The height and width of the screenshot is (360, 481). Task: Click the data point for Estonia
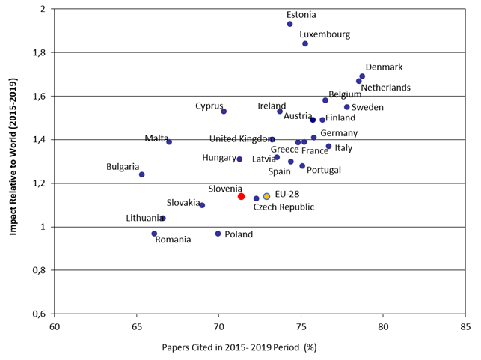pyautogui.click(x=289, y=24)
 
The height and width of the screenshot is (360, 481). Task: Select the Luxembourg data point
pyautogui.click(x=305, y=43)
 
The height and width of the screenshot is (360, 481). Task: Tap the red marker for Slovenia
pyautogui.click(x=241, y=196)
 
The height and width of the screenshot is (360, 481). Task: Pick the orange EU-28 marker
pyautogui.click(x=266, y=196)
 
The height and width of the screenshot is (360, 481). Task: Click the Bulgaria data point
pyautogui.click(x=141, y=174)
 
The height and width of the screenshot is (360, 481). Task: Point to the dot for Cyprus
pyautogui.click(x=224, y=112)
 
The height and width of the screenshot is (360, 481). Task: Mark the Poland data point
pyautogui.click(x=218, y=234)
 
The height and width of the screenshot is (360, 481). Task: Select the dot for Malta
pyautogui.click(x=169, y=141)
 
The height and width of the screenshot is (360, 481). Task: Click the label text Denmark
pyautogui.click(x=384, y=67)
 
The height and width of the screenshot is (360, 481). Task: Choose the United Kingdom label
pyautogui.click(x=242, y=138)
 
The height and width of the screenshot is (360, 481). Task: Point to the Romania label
pyautogui.click(x=173, y=240)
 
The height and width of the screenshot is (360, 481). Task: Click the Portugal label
pyautogui.click(x=323, y=170)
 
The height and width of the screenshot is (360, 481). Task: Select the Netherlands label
pyautogui.click(x=385, y=88)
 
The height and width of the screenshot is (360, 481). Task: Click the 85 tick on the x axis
pyautogui.click(x=465, y=326)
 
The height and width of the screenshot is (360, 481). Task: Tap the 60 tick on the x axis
pyautogui.click(x=54, y=326)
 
